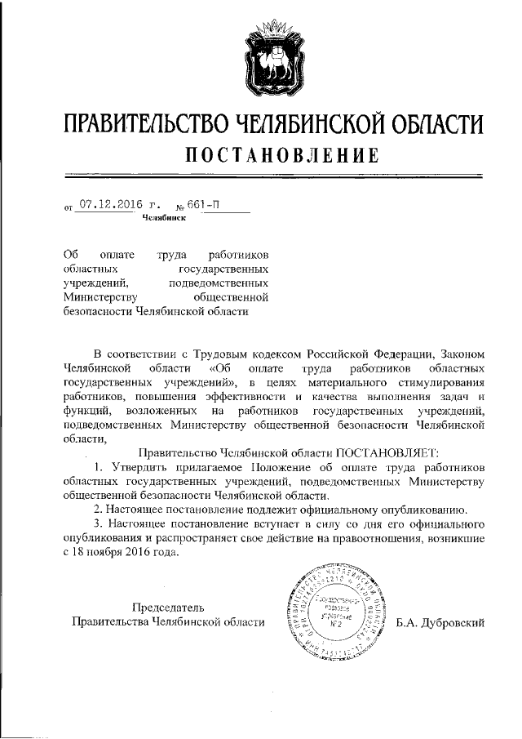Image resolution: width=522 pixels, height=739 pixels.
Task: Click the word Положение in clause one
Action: coord(287,466)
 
